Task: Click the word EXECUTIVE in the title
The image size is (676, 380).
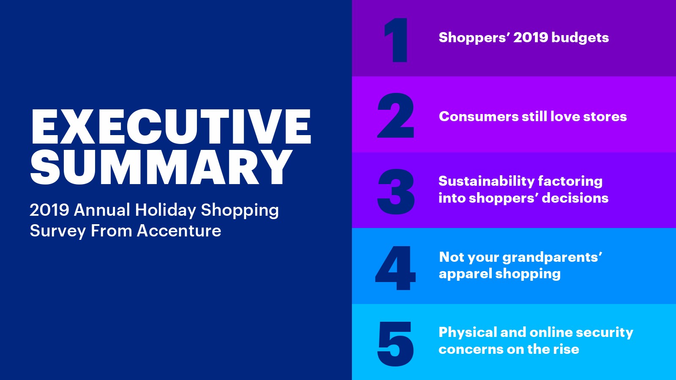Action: pyautogui.click(x=171, y=127)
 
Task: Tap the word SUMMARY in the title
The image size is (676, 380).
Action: pyautogui.click(x=161, y=167)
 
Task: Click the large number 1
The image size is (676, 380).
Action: pyautogui.click(x=395, y=40)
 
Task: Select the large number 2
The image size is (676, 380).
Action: pyautogui.click(x=395, y=116)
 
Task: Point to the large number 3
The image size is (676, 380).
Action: pyautogui.click(x=396, y=192)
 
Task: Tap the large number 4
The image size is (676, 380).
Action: pyautogui.click(x=395, y=268)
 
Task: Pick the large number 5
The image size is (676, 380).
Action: pyautogui.click(x=395, y=344)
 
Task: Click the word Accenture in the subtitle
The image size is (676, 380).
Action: pyautogui.click(x=179, y=231)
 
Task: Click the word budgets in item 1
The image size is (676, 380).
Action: pyautogui.click(x=580, y=38)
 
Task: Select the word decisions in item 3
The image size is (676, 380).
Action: pyautogui.click(x=575, y=198)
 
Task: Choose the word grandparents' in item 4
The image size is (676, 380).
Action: pyautogui.click(x=552, y=258)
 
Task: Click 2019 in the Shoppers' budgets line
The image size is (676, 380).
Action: pyautogui.click(x=531, y=38)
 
